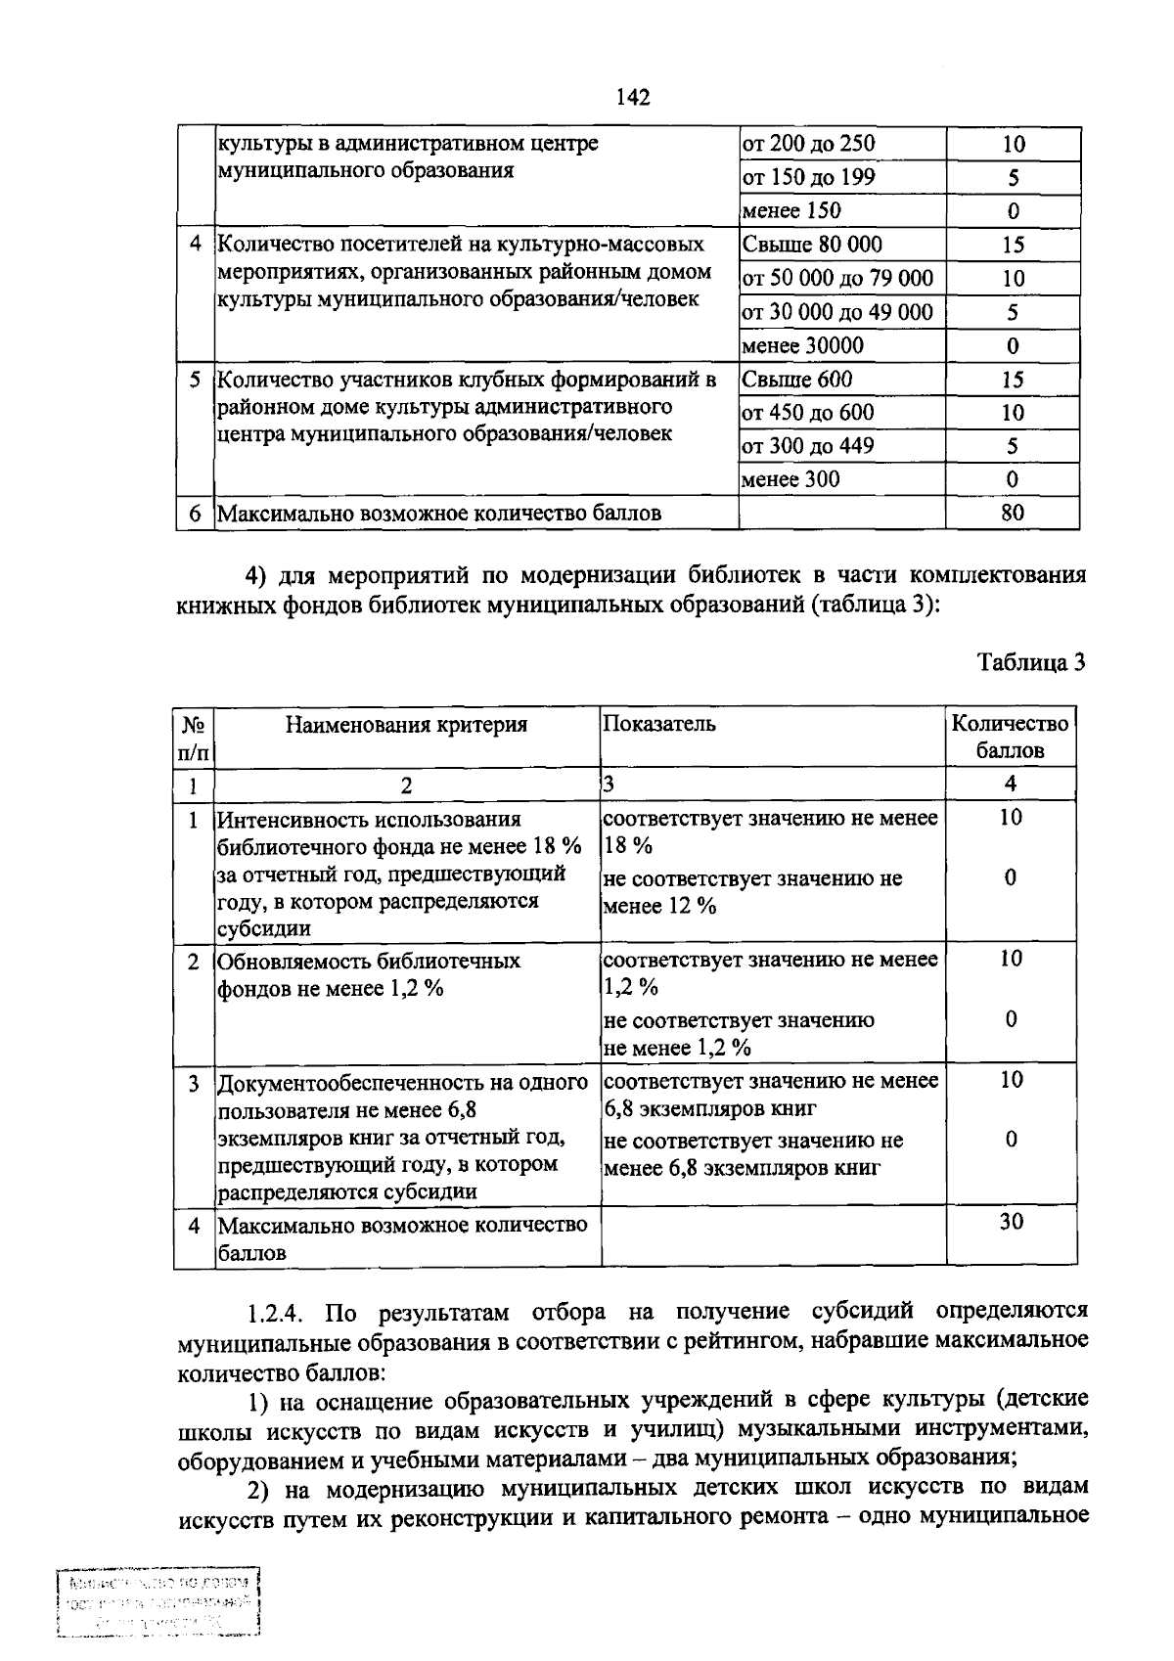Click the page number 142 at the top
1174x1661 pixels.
[633, 97]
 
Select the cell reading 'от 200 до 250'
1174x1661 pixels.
[808, 144]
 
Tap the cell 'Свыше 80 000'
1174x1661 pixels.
[811, 245]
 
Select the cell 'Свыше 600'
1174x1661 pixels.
[796, 380]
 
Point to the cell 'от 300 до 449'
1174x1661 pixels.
[807, 446]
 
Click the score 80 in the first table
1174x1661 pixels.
[1013, 513]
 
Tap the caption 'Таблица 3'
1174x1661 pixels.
[1031, 663]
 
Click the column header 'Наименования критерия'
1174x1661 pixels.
[406, 725]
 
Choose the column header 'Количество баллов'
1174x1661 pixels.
[1011, 737]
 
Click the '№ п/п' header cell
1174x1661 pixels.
[194, 739]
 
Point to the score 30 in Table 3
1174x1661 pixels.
[1011, 1221]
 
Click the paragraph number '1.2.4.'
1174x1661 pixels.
[279, 1312]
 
